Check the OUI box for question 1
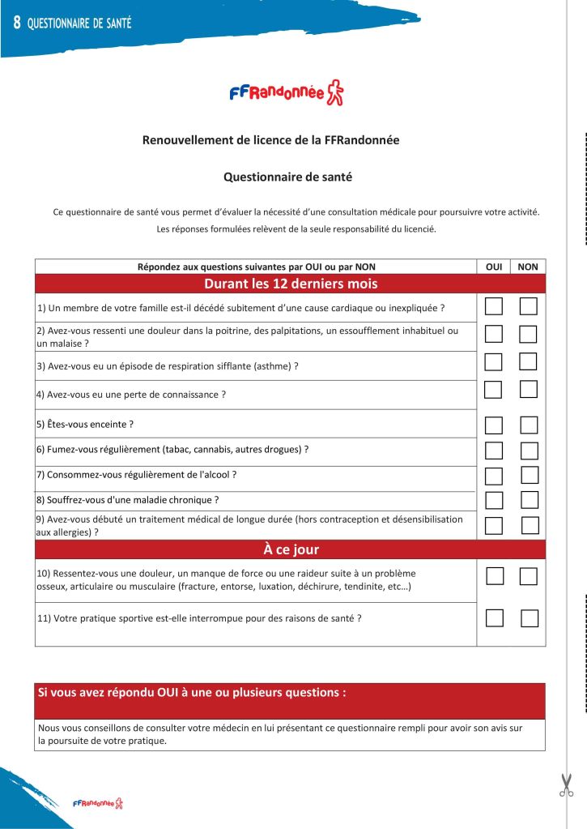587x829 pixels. point(493,306)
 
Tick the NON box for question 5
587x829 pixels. point(529,425)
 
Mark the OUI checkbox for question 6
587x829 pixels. point(493,451)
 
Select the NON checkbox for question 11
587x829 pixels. point(530,618)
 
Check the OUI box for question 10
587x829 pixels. point(495,576)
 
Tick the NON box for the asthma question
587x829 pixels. point(528,361)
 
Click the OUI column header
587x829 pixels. point(493,266)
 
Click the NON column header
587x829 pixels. point(528,266)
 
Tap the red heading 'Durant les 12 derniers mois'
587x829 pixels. point(290,284)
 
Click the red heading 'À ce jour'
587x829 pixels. point(290,549)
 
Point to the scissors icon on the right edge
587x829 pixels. point(566,784)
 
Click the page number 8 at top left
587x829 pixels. point(16,23)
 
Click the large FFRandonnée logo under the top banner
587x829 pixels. point(287,94)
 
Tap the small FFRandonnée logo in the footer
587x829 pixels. point(97,803)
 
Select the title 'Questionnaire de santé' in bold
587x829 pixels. point(287,176)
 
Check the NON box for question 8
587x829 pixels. point(530,499)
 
